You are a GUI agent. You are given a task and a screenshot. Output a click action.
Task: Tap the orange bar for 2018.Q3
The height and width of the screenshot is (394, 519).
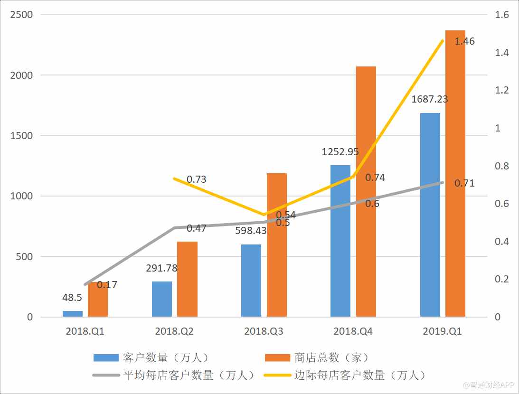[x=277, y=245]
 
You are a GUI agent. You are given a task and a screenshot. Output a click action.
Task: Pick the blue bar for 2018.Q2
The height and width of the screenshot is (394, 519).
[x=162, y=299]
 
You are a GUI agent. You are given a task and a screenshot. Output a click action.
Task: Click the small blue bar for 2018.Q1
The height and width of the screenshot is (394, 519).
[x=73, y=314]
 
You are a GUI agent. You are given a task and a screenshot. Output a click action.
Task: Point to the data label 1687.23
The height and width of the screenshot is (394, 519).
[x=430, y=100]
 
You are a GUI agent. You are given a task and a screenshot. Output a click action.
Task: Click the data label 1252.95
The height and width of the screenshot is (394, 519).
[x=340, y=152]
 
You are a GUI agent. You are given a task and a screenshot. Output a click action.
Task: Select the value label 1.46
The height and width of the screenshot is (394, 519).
[x=464, y=42]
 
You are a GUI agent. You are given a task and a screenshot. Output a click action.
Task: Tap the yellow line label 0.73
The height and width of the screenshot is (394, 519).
[x=196, y=179]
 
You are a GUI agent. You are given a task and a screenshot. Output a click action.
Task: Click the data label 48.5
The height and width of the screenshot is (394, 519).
[x=72, y=298]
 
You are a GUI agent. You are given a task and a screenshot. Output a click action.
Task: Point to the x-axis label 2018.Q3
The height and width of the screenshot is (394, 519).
[x=264, y=331]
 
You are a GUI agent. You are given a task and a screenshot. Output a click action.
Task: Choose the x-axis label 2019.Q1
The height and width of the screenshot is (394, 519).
[x=442, y=331]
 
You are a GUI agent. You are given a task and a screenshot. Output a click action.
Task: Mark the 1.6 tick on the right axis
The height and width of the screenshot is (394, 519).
[x=502, y=15]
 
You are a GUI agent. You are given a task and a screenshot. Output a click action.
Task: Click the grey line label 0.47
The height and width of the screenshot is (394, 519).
[x=196, y=228]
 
